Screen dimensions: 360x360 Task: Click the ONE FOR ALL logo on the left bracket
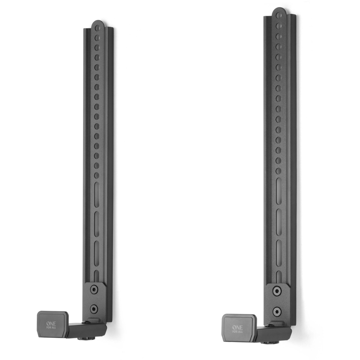tap(51, 324)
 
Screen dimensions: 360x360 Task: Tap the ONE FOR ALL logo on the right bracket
tap(237, 329)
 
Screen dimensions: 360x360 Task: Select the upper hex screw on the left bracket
tap(94, 290)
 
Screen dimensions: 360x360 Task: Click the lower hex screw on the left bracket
tap(94, 309)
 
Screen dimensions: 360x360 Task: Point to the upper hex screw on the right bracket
tap(277, 291)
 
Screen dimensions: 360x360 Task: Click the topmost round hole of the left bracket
tap(97, 28)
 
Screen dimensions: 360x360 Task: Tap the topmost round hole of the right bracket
tap(278, 15)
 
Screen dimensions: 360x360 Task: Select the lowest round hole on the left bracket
tap(96, 175)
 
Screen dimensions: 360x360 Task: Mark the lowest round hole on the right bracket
tap(278, 171)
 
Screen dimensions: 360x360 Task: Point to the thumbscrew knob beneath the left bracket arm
tap(83, 338)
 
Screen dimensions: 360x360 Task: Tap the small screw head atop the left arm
tap(84, 322)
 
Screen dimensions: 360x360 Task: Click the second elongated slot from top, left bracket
tap(97, 224)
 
